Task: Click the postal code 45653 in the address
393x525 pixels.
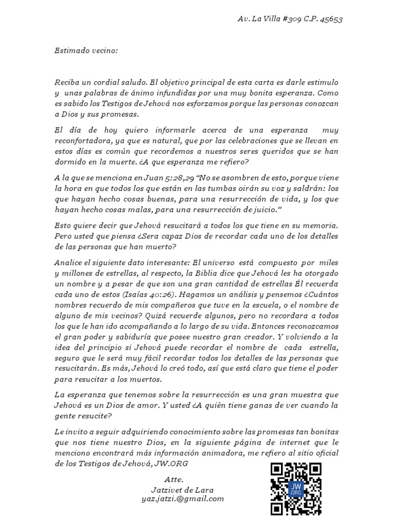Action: coord(331,19)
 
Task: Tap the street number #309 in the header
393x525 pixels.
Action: coord(286,19)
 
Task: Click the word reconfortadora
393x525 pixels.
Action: coord(81,141)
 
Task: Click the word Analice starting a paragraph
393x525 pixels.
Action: coord(69,261)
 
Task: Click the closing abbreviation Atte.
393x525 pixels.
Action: coord(174,480)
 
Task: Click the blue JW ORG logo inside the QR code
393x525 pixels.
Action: coord(296,488)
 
